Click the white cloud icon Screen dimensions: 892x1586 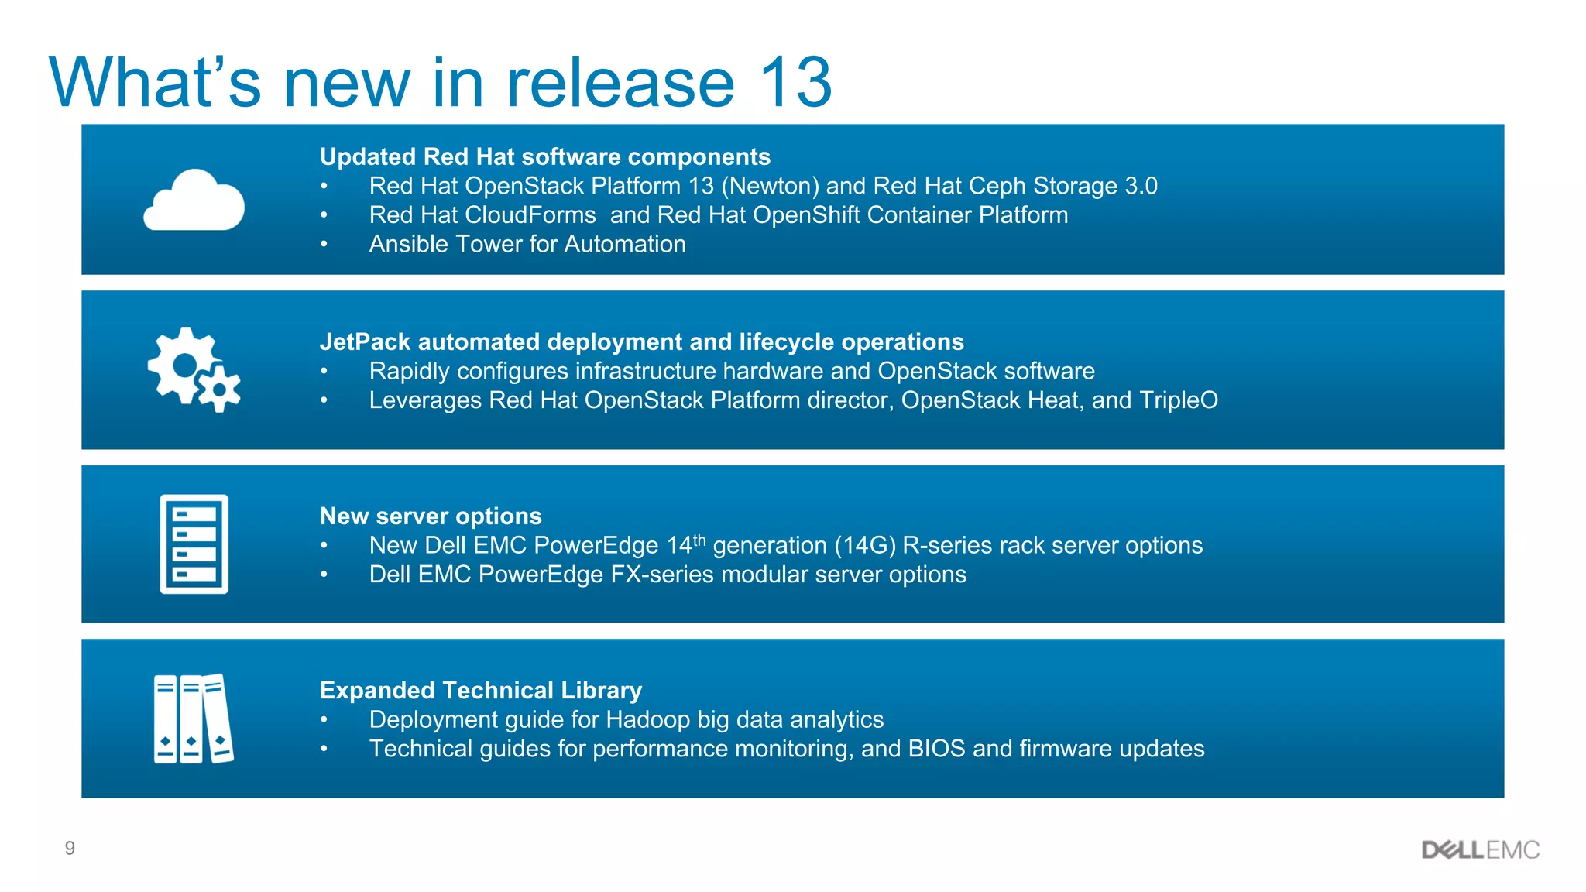pyautogui.click(x=194, y=201)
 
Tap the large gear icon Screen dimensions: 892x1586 pyautogui.click(x=184, y=364)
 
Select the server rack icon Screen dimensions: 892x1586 pyautogui.click(x=194, y=544)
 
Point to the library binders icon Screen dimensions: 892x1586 pyautogui.click(x=194, y=719)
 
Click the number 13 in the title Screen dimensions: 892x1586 pyautogui.click(x=795, y=82)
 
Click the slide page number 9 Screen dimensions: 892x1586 pyautogui.click(x=70, y=849)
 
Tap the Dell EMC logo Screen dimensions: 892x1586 pyautogui.click(x=1480, y=850)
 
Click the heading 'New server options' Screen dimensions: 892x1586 pyautogui.click(x=431, y=516)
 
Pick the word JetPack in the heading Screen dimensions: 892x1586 pyautogui.click(x=365, y=341)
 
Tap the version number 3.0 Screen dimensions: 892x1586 pyautogui.click(x=1141, y=186)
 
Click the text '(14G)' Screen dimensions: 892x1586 pyautogui.click(x=865, y=546)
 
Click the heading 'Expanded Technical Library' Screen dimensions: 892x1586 pyautogui.click(x=481, y=690)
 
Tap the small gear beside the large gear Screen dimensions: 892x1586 pyautogui.click(x=219, y=389)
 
